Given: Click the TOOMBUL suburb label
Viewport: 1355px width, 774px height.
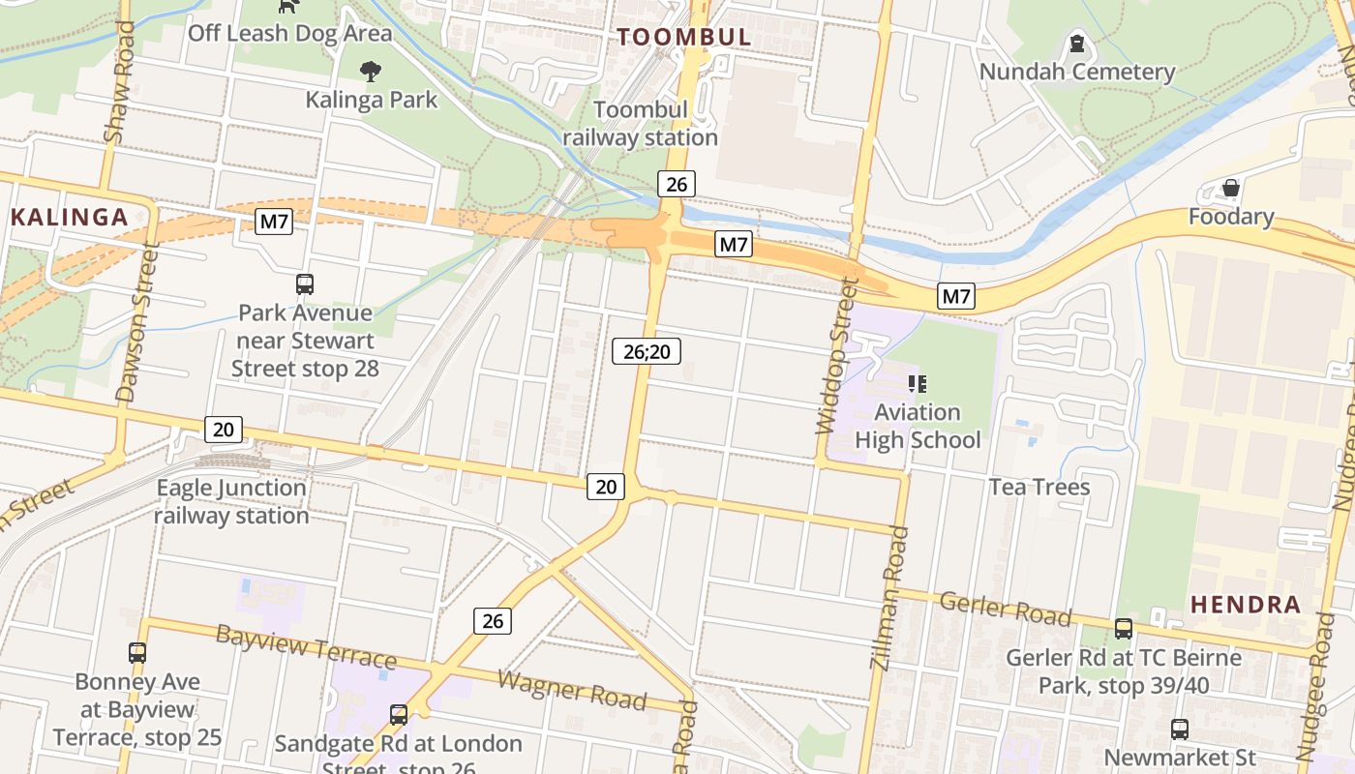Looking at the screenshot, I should point(684,38).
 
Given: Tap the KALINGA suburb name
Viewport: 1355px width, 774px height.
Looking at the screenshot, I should point(70,217).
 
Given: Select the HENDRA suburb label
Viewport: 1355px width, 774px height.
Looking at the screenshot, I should point(1246,605).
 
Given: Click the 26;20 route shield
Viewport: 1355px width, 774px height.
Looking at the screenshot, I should point(647,352).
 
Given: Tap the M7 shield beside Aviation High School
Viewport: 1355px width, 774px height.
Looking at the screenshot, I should point(956,297).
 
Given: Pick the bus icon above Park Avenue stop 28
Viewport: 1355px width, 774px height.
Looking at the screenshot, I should point(305,284).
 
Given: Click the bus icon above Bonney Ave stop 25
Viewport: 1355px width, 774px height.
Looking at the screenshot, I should point(137,653).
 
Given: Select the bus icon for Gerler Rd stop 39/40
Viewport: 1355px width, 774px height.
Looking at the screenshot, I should point(1124,629).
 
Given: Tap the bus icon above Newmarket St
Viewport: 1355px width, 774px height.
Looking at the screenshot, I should point(1180,729).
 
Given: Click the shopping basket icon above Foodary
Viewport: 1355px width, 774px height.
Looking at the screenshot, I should point(1231,188).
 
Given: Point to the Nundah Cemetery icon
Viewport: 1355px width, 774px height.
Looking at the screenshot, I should point(1076,44).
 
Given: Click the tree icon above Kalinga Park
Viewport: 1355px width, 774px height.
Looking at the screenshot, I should point(370,71).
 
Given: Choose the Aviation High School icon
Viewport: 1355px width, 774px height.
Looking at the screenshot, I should point(918,384).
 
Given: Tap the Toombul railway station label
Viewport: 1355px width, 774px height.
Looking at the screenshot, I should point(641,124).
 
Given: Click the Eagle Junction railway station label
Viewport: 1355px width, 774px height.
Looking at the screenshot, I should point(231,501).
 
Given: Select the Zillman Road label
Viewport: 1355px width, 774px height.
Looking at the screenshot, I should point(890,599).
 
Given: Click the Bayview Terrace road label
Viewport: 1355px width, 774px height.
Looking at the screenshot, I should point(306,646).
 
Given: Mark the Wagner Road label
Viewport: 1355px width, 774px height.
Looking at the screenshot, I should point(572,688).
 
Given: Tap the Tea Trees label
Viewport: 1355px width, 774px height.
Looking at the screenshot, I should point(1039,487).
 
